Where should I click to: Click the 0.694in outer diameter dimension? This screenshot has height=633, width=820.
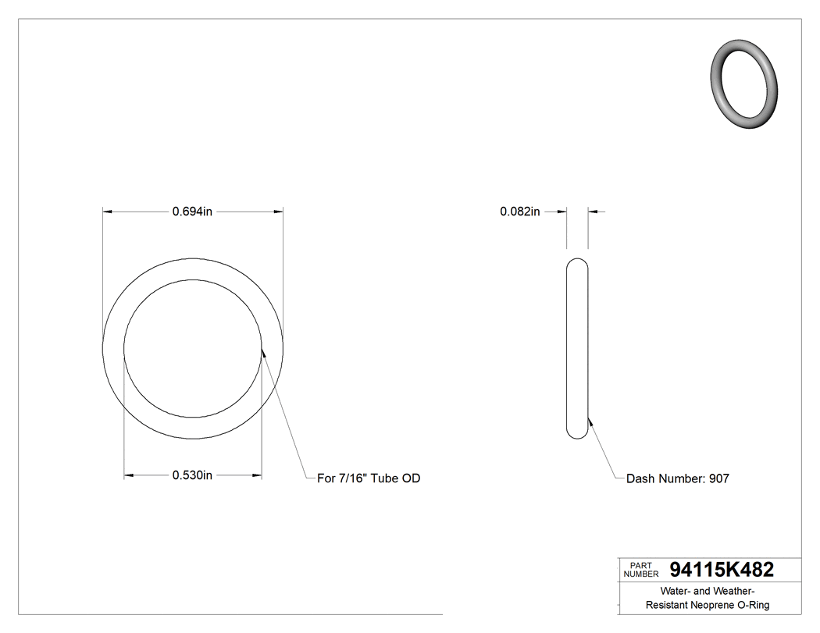click(x=192, y=212)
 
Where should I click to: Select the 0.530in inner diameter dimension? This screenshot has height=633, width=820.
click(x=192, y=475)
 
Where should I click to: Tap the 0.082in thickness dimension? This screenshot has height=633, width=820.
click(x=520, y=212)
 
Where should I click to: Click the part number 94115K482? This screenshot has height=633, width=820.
click(x=722, y=571)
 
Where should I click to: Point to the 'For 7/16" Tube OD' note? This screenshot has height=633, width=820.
click(x=369, y=478)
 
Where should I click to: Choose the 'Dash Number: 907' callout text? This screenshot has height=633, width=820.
click(x=678, y=478)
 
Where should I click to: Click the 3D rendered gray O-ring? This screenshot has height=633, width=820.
click(x=745, y=82)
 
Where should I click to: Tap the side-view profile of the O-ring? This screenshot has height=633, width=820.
click(x=576, y=348)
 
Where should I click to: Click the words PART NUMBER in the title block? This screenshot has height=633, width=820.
click(x=640, y=570)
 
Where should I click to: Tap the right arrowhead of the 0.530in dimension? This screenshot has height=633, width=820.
click(x=256, y=475)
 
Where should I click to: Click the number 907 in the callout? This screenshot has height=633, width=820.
click(x=718, y=478)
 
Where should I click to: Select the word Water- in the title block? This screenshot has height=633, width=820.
click(x=676, y=591)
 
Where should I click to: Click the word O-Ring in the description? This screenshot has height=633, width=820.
click(x=754, y=606)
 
